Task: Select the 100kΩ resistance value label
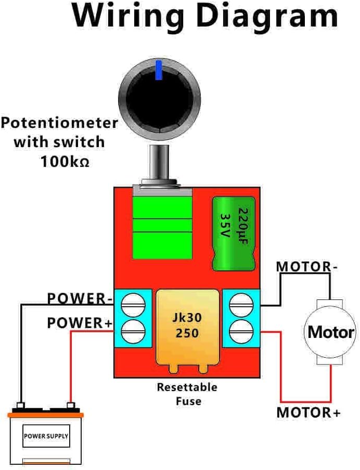click(x=65, y=161)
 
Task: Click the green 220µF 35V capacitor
click(x=234, y=233)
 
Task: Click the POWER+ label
click(x=80, y=323)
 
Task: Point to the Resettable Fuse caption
click(x=187, y=394)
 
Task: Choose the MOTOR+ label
click(x=308, y=413)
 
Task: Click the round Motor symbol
click(x=331, y=332)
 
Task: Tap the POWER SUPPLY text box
click(x=46, y=436)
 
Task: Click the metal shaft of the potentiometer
click(x=160, y=164)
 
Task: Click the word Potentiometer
click(x=59, y=123)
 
